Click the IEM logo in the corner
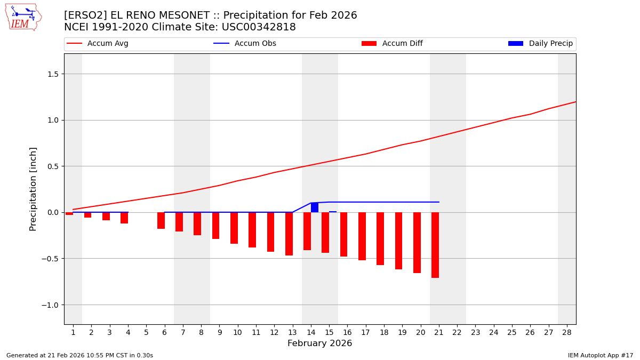click(23, 17)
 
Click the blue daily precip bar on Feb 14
click(315, 207)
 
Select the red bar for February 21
click(435, 245)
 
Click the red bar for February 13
click(289, 234)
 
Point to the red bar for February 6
click(161, 220)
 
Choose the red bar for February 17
click(362, 236)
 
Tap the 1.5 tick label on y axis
click(52, 74)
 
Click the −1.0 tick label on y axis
click(50, 305)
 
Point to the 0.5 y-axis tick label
click(52, 166)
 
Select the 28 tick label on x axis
click(567, 332)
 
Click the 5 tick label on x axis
click(146, 332)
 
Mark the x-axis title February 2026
click(319, 343)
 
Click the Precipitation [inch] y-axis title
click(33, 189)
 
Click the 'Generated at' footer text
click(79, 355)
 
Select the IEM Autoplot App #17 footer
click(601, 355)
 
